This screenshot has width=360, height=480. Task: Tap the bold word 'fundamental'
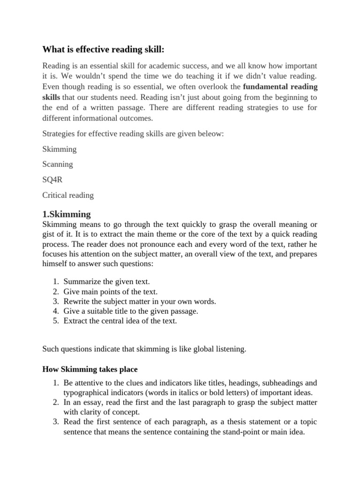[263, 87]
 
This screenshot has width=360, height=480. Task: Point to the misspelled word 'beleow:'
[210, 134]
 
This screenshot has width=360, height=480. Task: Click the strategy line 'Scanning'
[58, 165]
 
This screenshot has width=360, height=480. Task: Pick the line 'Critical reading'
[68, 195]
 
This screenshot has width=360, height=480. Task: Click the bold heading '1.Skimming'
[67, 214]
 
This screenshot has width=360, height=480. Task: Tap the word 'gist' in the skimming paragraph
[49, 233]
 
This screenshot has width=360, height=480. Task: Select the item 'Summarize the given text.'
[106, 282]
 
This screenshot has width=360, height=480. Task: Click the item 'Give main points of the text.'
[110, 292]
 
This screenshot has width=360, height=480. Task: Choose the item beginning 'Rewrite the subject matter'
[140, 301]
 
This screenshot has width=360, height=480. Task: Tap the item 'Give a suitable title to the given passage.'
[131, 311]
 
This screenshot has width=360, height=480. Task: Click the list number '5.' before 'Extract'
[55, 321]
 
